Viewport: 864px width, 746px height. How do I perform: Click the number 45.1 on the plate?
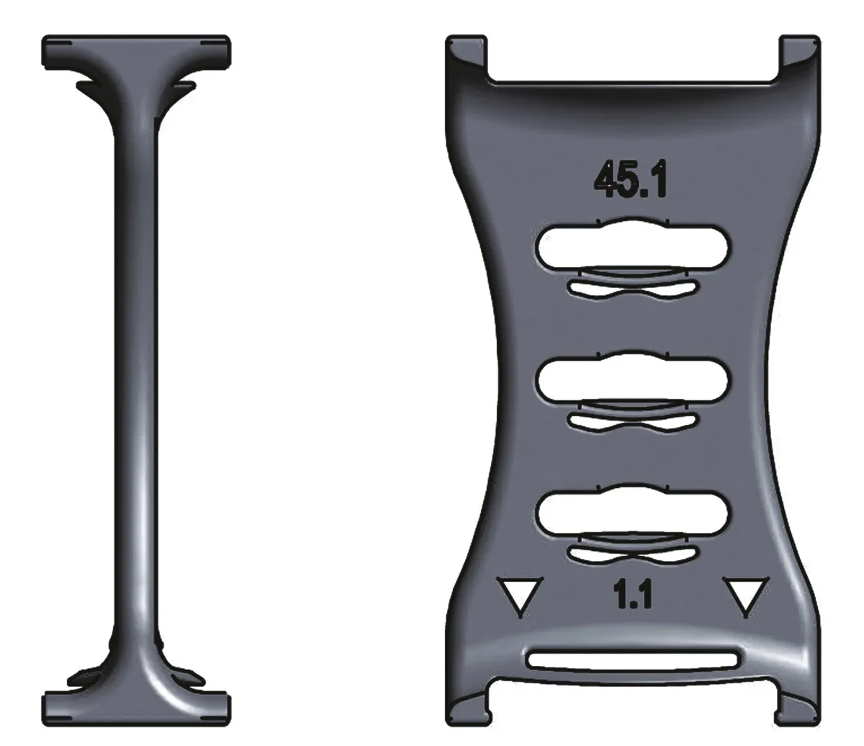(x=631, y=179)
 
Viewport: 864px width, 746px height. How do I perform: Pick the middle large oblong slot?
(x=634, y=378)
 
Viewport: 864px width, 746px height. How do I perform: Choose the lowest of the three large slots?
(x=634, y=511)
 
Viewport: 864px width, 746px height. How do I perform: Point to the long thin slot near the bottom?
(x=633, y=658)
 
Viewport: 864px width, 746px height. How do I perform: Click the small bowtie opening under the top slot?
(x=633, y=289)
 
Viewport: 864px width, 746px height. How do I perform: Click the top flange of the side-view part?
(x=137, y=50)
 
